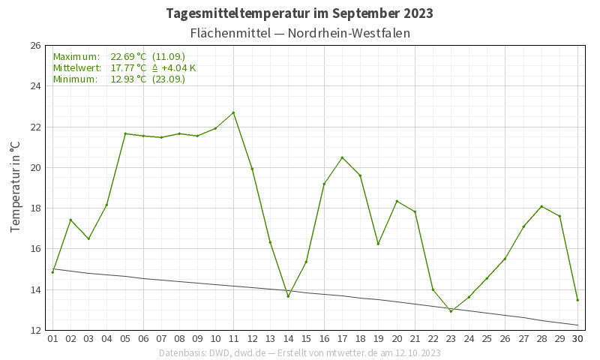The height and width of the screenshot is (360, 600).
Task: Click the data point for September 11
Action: coord(233,112)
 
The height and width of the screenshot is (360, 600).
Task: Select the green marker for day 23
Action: coord(451,311)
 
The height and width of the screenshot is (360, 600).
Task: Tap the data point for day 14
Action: coord(288,296)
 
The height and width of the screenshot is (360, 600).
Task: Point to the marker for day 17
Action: coord(342,157)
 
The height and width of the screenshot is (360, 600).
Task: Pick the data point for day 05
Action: coord(125,133)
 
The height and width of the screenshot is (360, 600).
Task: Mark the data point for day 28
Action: coord(541,206)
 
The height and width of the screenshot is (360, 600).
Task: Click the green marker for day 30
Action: coord(577,300)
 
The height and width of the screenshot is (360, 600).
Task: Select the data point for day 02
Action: coord(70,220)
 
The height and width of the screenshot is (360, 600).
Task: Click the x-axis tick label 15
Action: coord(306,339)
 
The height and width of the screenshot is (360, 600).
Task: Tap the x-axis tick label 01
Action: coord(52,339)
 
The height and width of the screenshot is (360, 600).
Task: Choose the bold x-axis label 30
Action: coord(577,339)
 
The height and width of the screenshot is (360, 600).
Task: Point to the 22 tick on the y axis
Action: coord(35,127)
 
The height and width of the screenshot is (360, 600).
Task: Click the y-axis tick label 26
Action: coord(35,46)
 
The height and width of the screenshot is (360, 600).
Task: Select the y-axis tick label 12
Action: coord(35,330)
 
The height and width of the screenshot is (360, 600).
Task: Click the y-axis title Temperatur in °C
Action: coord(16,187)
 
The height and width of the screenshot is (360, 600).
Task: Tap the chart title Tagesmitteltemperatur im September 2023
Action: coord(300,13)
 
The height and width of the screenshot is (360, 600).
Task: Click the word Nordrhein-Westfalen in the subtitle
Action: coord(349,34)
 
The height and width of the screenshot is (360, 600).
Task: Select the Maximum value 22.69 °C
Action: coord(128,57)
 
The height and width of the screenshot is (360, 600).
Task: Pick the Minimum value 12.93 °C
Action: coord(128,79)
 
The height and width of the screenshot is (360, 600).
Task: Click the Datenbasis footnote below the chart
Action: coord(300,352)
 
